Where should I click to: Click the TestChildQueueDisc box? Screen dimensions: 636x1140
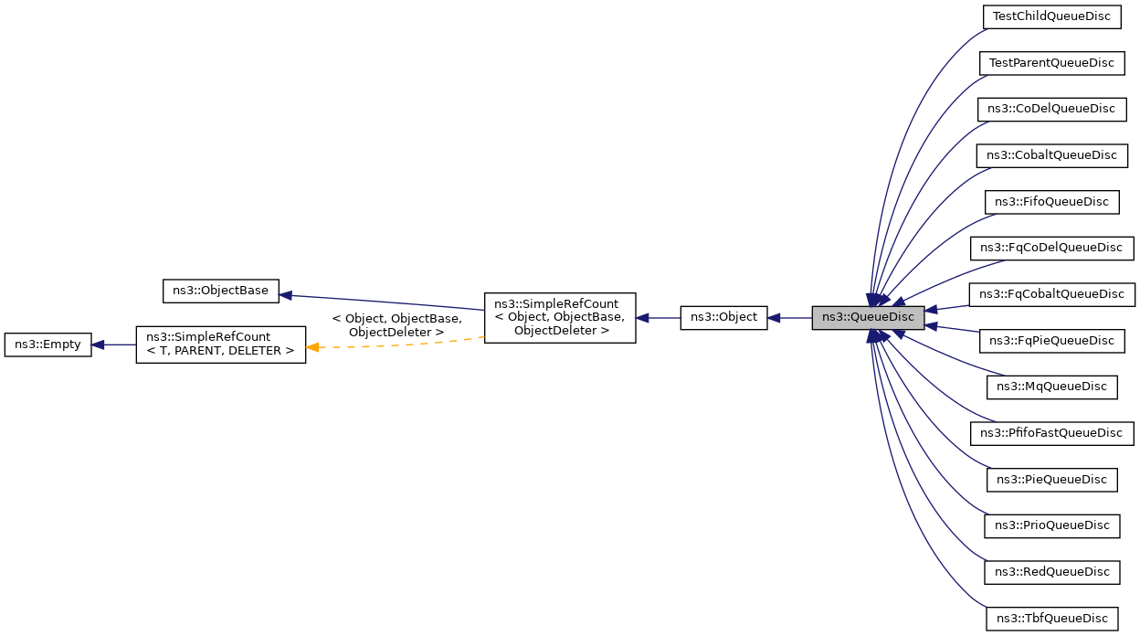point(1051,16)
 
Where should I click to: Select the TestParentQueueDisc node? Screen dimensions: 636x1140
point(1051,63)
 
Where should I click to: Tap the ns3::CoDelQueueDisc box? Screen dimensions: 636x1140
point(1050,109)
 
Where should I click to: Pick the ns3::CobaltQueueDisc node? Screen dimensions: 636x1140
point(1051,155)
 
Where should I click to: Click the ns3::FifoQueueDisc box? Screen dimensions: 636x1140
point(1051,202)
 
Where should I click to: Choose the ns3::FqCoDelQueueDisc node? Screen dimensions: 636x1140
point(1050,248)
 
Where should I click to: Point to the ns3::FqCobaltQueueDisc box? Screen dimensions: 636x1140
point(1051,294)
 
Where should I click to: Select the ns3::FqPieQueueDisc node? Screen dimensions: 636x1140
point(1051,341)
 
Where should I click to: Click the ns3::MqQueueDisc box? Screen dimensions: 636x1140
point(1051,387)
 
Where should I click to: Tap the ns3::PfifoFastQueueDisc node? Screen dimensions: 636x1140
point(1050,433)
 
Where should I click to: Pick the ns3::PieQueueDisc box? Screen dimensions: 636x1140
point(1051,480)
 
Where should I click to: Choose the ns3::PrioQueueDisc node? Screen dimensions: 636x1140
point(1051,525)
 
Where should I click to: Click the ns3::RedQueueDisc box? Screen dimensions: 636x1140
point(1051,572)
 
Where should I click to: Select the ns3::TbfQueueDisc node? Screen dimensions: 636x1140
point(1051,619)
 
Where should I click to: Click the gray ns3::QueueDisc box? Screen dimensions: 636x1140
point(868,318)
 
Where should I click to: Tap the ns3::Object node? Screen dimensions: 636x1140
point(723,318)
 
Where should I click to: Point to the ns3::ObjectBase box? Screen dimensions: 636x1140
point(220,291)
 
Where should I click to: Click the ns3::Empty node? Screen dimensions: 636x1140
point(47,344)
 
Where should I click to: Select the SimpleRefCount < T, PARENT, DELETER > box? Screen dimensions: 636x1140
point(220,344)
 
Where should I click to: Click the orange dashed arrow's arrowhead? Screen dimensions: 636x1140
point(312,347)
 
